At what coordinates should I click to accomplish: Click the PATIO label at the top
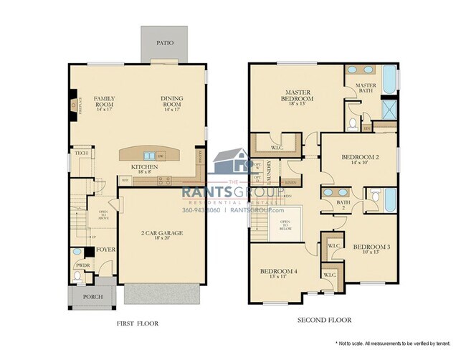coord(164,42)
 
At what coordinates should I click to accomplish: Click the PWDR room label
coord(82,265)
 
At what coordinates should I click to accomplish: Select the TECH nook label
coord(81,153)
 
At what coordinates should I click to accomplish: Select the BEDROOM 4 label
coord(278,273)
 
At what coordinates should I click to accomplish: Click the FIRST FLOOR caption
coord(137,323)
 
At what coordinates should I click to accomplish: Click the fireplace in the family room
coord(75,106)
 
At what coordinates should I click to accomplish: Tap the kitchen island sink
coord(149,155)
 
